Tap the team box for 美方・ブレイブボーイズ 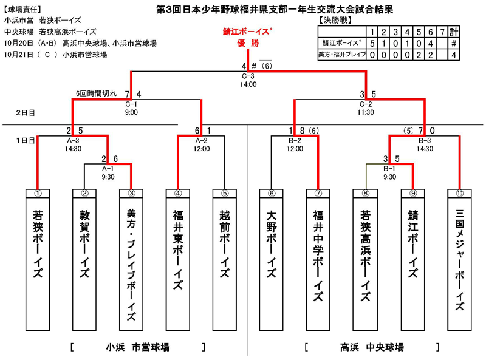132,261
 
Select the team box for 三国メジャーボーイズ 460,261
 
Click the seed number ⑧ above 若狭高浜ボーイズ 366,194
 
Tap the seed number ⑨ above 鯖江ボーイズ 413,194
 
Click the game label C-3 248,76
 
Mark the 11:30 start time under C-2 365,112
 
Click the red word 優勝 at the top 248,44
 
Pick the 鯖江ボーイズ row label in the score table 340,43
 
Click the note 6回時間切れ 94,93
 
